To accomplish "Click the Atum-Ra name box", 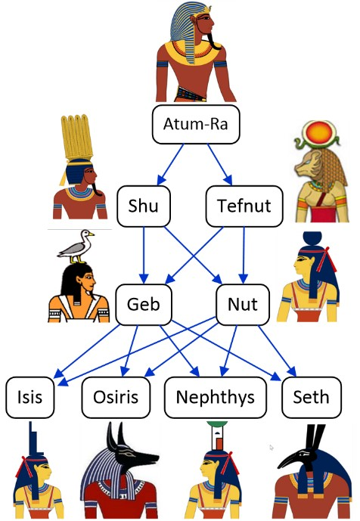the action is tap(196, 125).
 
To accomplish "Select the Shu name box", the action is tap(144, 206).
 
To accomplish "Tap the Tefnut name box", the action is tap(244, 206).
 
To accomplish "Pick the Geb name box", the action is tap(144, 305).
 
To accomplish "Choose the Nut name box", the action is tap(243, 305).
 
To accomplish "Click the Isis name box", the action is tap(30, 397).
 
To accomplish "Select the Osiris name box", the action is tap(116, 397).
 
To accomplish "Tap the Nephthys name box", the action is tap(216, 397).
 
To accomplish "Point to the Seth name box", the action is tap(312, 397).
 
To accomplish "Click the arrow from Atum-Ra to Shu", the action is tap(170, 164).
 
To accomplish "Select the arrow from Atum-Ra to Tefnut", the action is tap(220, 164).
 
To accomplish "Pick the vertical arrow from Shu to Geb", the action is tap(144, 255).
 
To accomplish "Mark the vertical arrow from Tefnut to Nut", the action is tap(244, 255).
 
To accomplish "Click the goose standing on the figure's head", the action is tap(76, 247).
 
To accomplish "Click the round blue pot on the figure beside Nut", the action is tap(312, 238).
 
